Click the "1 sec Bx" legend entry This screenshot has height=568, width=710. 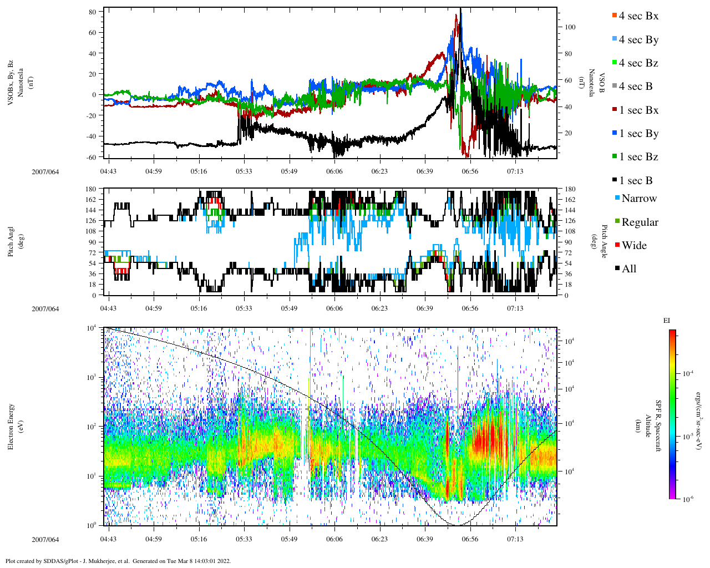coord(638,110)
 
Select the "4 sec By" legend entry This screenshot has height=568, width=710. coord(638,40)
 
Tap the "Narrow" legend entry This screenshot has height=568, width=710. coord(638,199)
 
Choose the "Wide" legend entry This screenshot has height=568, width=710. coord(633,246)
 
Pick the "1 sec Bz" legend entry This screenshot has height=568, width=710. coord(638,157)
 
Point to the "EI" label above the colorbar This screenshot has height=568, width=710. coord(667,321)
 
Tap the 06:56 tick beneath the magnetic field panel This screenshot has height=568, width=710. coord(470,171)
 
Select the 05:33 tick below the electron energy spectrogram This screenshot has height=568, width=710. coord(244,539)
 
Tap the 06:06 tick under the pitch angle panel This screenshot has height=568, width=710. coord(334,308)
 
